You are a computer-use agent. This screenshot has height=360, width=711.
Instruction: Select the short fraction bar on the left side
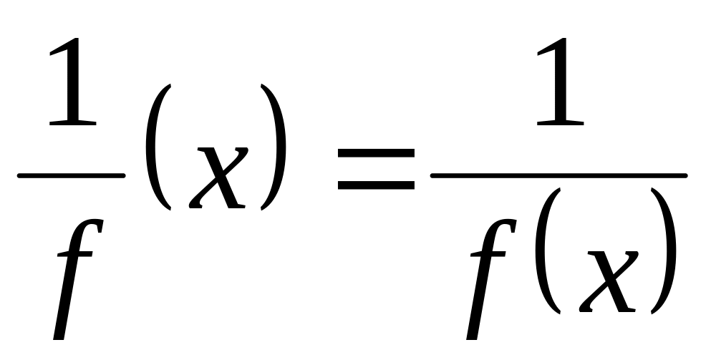(x=71, y=173)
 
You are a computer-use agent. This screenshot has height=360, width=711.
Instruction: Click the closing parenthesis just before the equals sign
(x=274, y=147)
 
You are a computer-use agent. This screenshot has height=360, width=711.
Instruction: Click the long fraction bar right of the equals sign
(x=558, y=174)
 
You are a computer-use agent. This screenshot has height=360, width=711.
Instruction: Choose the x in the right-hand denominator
(x=608, y=280)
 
